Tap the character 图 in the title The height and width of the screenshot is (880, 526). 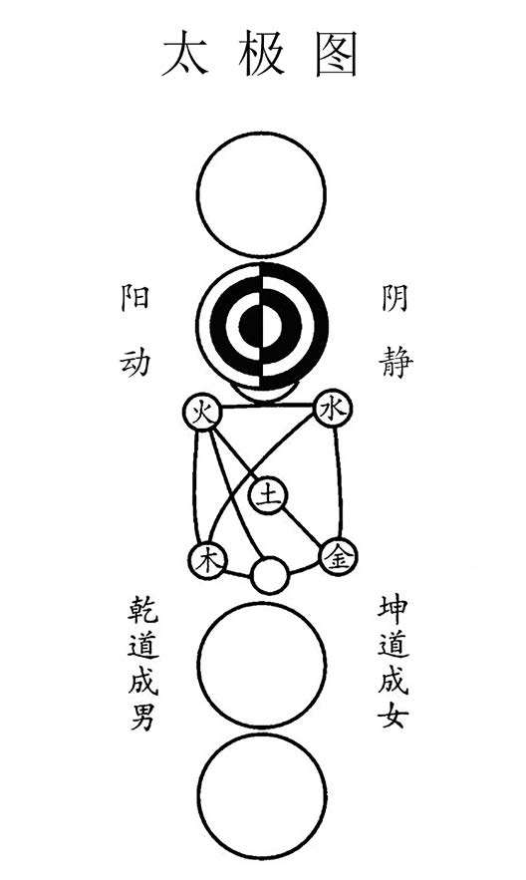click(336, 54)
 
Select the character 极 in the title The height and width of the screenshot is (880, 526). click(261, 54)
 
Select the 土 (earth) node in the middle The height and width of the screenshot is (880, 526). click(268, 495)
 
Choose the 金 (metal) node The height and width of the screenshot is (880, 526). click(338, 557)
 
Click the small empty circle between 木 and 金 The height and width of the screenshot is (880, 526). click(270, 575)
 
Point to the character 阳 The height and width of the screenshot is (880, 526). click(135, 297)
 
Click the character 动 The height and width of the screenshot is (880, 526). click(135, 361)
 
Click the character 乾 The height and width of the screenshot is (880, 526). click(143, 611)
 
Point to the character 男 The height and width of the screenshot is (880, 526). click(143, 716)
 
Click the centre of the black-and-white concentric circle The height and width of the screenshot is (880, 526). click(262, 326)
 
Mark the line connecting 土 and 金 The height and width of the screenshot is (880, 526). click(303, 527)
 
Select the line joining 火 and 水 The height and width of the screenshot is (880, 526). click(268, 406)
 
